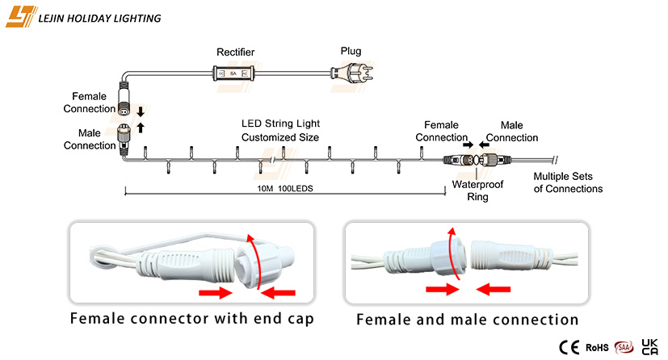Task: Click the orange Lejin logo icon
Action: [20, 17]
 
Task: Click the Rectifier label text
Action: [235, 52]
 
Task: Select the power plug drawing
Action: [352, 73]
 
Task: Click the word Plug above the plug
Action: [351, 51]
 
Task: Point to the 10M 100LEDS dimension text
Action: [285, 188]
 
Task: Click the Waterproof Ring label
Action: [477, 190]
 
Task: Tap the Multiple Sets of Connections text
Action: [568, 182]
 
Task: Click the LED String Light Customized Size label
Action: [280, 130]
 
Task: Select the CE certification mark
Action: [569, 347]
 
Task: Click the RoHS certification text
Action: [597, 348]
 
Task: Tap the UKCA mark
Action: [649, 347]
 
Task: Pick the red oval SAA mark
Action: [624, 347]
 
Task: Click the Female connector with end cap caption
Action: [192, 318]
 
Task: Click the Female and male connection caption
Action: [468, 319]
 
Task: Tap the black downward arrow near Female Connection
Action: [141, 112]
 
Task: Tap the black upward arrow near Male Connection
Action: [141, 128]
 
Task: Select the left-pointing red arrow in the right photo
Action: [493, 290]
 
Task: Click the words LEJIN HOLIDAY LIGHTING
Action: [99, 19]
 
